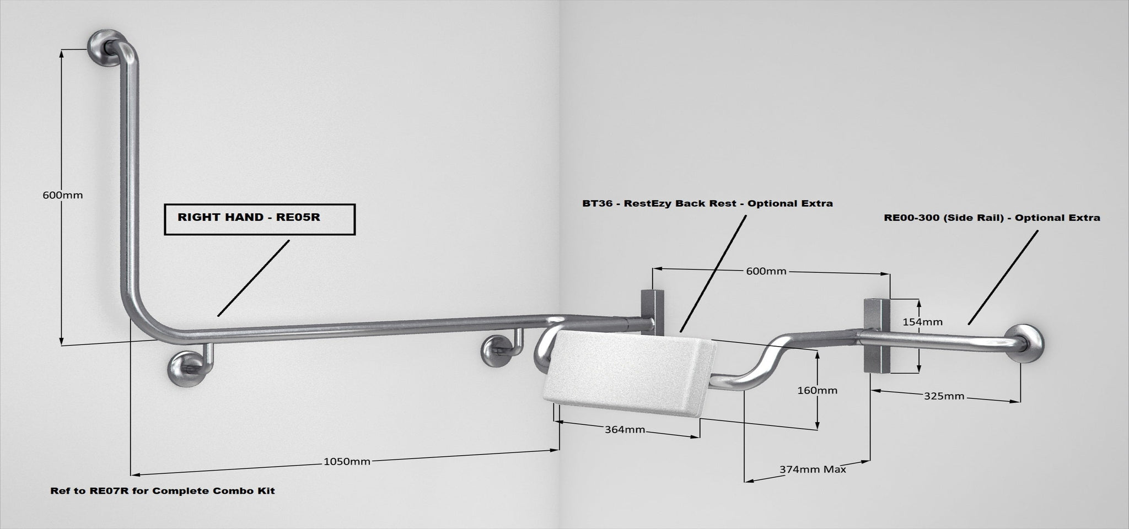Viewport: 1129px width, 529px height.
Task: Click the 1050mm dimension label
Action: (346, 461)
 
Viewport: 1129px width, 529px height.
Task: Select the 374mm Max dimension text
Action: (813, 469)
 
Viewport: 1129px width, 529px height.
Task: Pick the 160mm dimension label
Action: (817, 390)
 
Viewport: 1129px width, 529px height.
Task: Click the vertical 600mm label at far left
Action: (62, 195)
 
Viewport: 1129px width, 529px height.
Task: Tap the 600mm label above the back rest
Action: (766, 271)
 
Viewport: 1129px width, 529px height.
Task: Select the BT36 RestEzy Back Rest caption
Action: (707, 203)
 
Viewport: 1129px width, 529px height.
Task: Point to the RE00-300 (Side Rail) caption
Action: (992, 218)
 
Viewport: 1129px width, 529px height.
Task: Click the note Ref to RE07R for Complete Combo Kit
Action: (163, 490)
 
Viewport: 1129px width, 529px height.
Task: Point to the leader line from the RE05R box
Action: (254, 278)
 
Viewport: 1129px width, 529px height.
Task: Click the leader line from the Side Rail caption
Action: (1003, 277)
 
